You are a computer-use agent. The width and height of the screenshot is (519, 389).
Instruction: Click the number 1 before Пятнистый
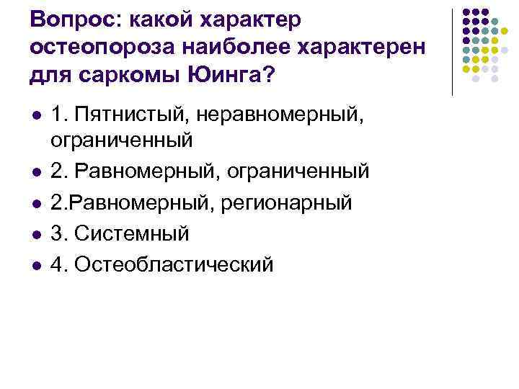(58, 113)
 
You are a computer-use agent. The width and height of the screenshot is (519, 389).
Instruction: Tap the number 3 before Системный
(58, 233)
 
